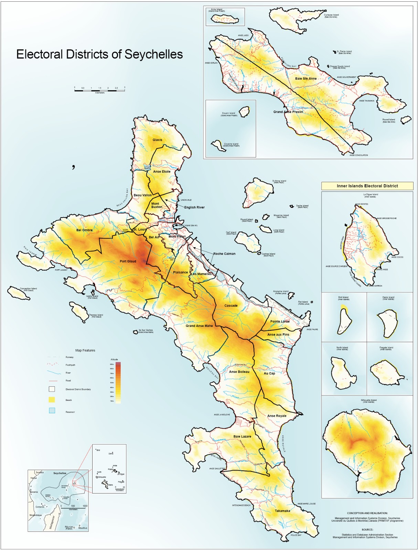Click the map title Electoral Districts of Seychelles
(x=99, y=54)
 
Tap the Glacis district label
(x=157, y=140)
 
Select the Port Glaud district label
(x=128, y=261)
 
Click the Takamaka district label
(x=282, y=511)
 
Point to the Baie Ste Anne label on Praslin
(x=306, y=79)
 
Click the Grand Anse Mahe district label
(x=199, y=326)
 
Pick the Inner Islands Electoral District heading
(x=367, y=186)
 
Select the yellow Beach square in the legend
(x=52, y=400)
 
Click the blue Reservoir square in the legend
(x=52, y=410)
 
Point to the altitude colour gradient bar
(x=118, y=383)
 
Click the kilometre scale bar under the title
(x=99, y=90)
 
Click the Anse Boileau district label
(x=239, y=372)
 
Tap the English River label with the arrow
(x=194, y=207)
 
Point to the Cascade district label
(x=231, y=305)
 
